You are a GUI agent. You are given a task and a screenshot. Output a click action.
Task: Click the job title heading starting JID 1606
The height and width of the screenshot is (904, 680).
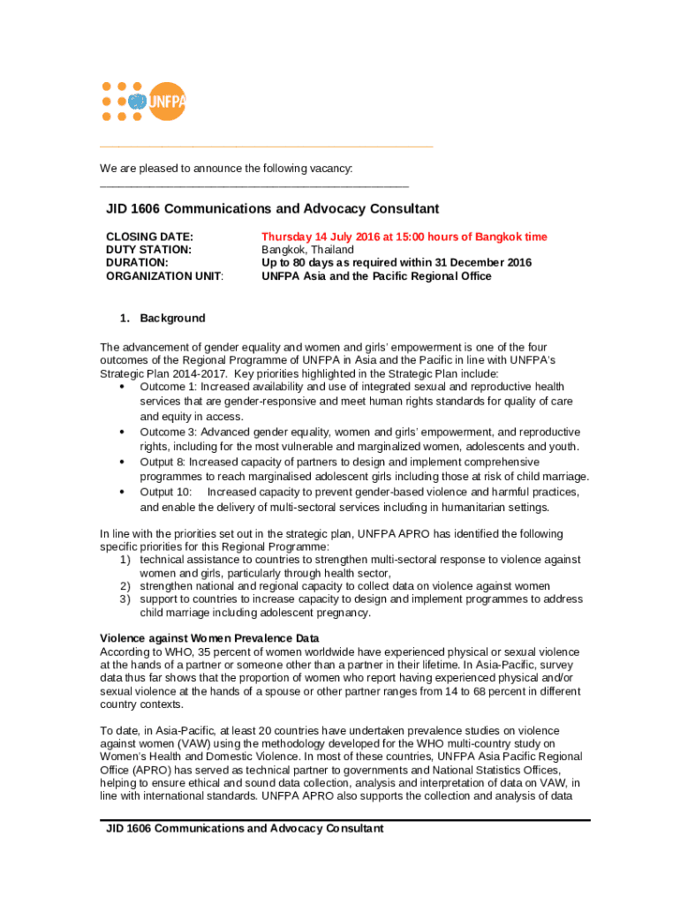click(x=272, y=209)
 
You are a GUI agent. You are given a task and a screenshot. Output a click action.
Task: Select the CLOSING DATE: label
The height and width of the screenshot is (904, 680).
click(x=149, y=237)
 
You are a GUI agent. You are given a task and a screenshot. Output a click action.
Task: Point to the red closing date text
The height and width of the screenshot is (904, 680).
click(x=404, y=237)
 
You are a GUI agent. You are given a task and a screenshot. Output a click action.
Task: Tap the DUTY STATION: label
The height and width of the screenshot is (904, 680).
click(x=148, y=250)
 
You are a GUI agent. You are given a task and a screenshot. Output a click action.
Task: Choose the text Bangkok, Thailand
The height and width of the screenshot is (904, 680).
click(x=307, y=250)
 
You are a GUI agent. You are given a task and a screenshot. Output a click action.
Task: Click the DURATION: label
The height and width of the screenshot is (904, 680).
click(x=137, y=263)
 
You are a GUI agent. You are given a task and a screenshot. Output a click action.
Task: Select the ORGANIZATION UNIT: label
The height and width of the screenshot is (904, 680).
click(x=164, y=276)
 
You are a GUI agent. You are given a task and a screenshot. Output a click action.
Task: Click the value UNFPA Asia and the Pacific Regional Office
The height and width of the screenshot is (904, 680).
click(x=376, y=276)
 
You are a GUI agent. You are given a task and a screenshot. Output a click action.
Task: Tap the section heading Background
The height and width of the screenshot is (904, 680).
click(x=172, y=318)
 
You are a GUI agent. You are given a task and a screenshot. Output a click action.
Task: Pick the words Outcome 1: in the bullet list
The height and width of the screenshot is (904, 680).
click(x=169, y=387)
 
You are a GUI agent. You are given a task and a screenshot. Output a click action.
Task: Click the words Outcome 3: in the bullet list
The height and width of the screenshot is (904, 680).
click(x=169, y=433)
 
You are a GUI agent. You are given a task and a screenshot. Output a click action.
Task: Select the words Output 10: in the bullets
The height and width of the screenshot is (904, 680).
click(x=165, y=492)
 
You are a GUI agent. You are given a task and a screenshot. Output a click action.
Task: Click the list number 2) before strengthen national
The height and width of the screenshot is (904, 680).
click(x=125, y=586)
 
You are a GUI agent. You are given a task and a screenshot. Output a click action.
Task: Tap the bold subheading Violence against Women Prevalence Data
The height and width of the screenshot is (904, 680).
click(x=209, y=638)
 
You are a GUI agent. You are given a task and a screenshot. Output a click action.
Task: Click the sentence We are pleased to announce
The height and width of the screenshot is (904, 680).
click(x=226, y=169)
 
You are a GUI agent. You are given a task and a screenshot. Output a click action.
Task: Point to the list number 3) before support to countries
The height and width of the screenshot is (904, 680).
click(x=125, y=599)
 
